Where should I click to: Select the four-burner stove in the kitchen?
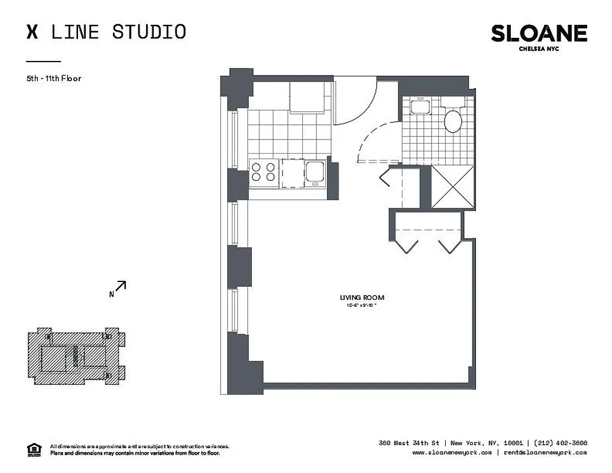point(264,171)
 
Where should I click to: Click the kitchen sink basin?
point(314,172)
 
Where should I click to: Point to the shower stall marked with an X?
point(453,187)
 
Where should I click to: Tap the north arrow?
point(120,286)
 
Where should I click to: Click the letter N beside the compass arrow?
point(111,294)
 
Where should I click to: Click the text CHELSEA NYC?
point(538,48)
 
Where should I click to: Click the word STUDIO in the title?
point(149,31)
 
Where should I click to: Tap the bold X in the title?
point(33,31)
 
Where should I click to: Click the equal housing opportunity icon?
point(35,449)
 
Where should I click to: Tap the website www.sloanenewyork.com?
point(452,452)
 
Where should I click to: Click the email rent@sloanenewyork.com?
point(545,452)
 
